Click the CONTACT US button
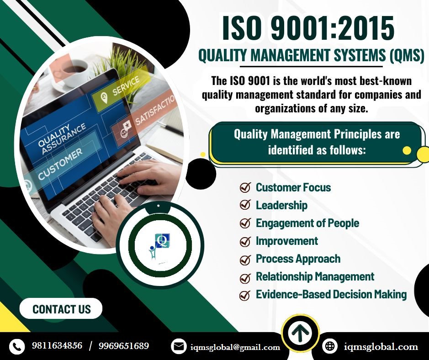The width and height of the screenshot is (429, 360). tap(61, 309)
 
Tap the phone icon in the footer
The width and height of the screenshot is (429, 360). tap(17, 346)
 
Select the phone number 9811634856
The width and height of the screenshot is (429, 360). tap(57, 346)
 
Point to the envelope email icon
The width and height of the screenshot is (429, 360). tap(179, 347)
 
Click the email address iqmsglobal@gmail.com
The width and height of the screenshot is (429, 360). tap(235, 347)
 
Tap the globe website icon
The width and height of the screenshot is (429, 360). tap(329, 346)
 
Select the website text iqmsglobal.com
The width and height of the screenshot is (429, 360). tap(381, 347)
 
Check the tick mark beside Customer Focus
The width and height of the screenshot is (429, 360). tap(245, 187)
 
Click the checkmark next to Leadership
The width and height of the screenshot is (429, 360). tap(245, 205)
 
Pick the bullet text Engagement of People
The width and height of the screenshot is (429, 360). tap(307, 223)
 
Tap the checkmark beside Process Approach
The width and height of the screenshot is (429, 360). tap(245, 259)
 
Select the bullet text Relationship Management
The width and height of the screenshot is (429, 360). tap(315, 276)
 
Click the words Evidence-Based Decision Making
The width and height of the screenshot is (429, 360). tap(331, 295)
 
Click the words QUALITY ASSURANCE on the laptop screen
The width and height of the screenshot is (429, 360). tap(61, 137)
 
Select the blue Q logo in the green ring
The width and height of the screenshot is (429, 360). tap(161, 240)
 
